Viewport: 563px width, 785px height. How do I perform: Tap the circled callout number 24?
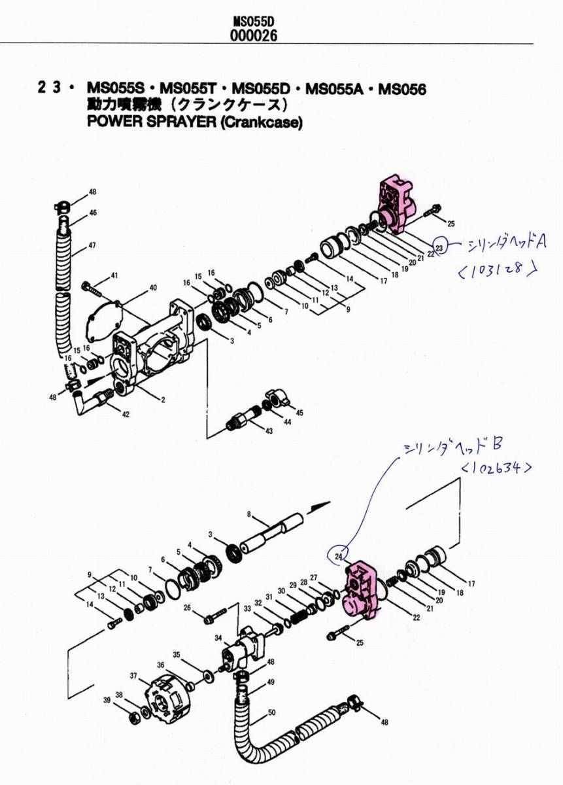[x=339, y=556]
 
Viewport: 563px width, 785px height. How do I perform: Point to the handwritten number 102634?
[x=495, y=468]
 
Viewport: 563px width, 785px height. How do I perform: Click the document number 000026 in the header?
[x=253, y=35]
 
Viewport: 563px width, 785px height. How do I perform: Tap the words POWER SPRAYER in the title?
[x=151, y=122]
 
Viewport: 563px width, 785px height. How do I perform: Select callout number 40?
[x=153, y=288]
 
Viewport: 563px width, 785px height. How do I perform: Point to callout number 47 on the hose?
[x=92, y=245]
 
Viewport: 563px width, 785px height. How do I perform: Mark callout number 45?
[x=299, y=413]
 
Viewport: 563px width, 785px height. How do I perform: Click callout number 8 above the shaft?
[x=248, y=514]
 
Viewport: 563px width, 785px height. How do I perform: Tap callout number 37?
[x=133, y=676]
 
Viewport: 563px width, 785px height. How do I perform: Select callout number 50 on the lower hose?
[x=271, y=712]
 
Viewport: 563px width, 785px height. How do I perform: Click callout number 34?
[x=218, y=638]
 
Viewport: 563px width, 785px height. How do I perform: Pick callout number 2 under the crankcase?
[x=163, y=399]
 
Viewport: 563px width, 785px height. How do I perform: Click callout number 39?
[x=107, y=701]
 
